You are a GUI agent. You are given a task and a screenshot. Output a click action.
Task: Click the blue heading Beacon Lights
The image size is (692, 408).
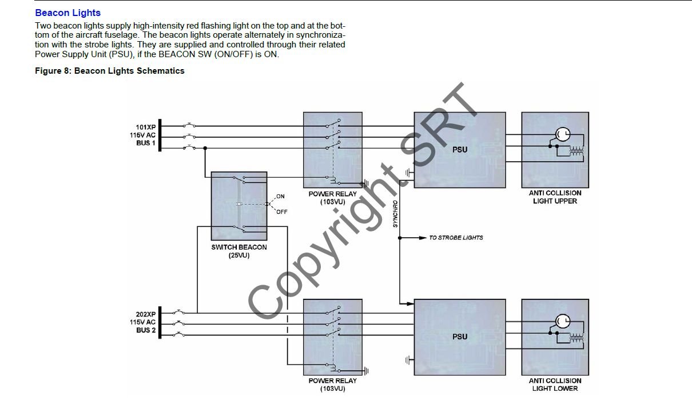[x=67, y=13]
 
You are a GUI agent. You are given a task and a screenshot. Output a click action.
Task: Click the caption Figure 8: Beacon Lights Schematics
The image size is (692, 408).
[x=110, y=71]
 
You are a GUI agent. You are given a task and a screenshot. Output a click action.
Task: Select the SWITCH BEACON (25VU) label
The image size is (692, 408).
[x=238, y=251]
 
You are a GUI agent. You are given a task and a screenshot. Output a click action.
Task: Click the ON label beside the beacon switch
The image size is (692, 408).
[x=280, y=197]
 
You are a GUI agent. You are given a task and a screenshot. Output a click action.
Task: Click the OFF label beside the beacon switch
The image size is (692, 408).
[x=281, y=212]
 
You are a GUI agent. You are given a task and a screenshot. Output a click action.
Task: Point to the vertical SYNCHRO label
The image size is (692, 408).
[x=395, y=214]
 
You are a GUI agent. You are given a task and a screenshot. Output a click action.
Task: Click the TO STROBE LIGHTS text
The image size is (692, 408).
[x=456, y=238]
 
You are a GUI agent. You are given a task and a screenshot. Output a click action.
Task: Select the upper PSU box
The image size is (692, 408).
[x=460, y=150]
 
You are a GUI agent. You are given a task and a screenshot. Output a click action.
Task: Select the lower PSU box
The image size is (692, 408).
[x=460, y=337]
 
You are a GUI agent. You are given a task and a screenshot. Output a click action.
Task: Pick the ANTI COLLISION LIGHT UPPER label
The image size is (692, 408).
[x=555, y=197]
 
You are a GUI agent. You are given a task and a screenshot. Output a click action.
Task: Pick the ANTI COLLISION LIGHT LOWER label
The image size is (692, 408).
[x=555, y=385]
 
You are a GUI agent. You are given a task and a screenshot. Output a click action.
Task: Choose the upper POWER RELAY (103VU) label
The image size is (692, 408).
[x=332, y=198]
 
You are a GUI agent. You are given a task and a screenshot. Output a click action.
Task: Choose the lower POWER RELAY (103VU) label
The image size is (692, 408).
[x=332, y=385]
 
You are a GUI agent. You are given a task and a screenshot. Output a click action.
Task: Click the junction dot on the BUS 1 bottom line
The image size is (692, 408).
[x=205, y=148]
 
